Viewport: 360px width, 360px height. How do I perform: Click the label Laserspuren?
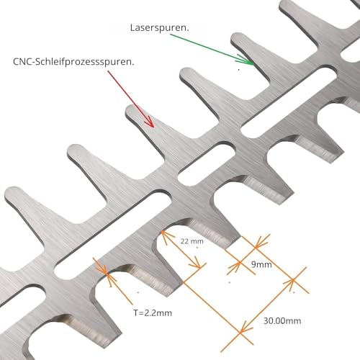[159, 28]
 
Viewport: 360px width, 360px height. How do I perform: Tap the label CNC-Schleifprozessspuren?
[73, 62]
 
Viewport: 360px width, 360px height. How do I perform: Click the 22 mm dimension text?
[192, 241]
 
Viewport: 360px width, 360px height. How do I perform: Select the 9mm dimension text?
[261, 265]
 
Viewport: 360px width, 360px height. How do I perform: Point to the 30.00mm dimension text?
[282, 321]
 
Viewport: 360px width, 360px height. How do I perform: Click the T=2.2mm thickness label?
[153, 313]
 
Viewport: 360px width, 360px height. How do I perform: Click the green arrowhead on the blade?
[247, 60]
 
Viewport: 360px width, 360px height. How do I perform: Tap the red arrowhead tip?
[153, 127]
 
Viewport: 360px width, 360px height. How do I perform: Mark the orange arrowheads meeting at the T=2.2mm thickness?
[106, 273]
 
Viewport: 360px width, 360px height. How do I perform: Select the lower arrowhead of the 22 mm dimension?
[196, 264]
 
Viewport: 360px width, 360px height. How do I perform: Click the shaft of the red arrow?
[130, 99]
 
